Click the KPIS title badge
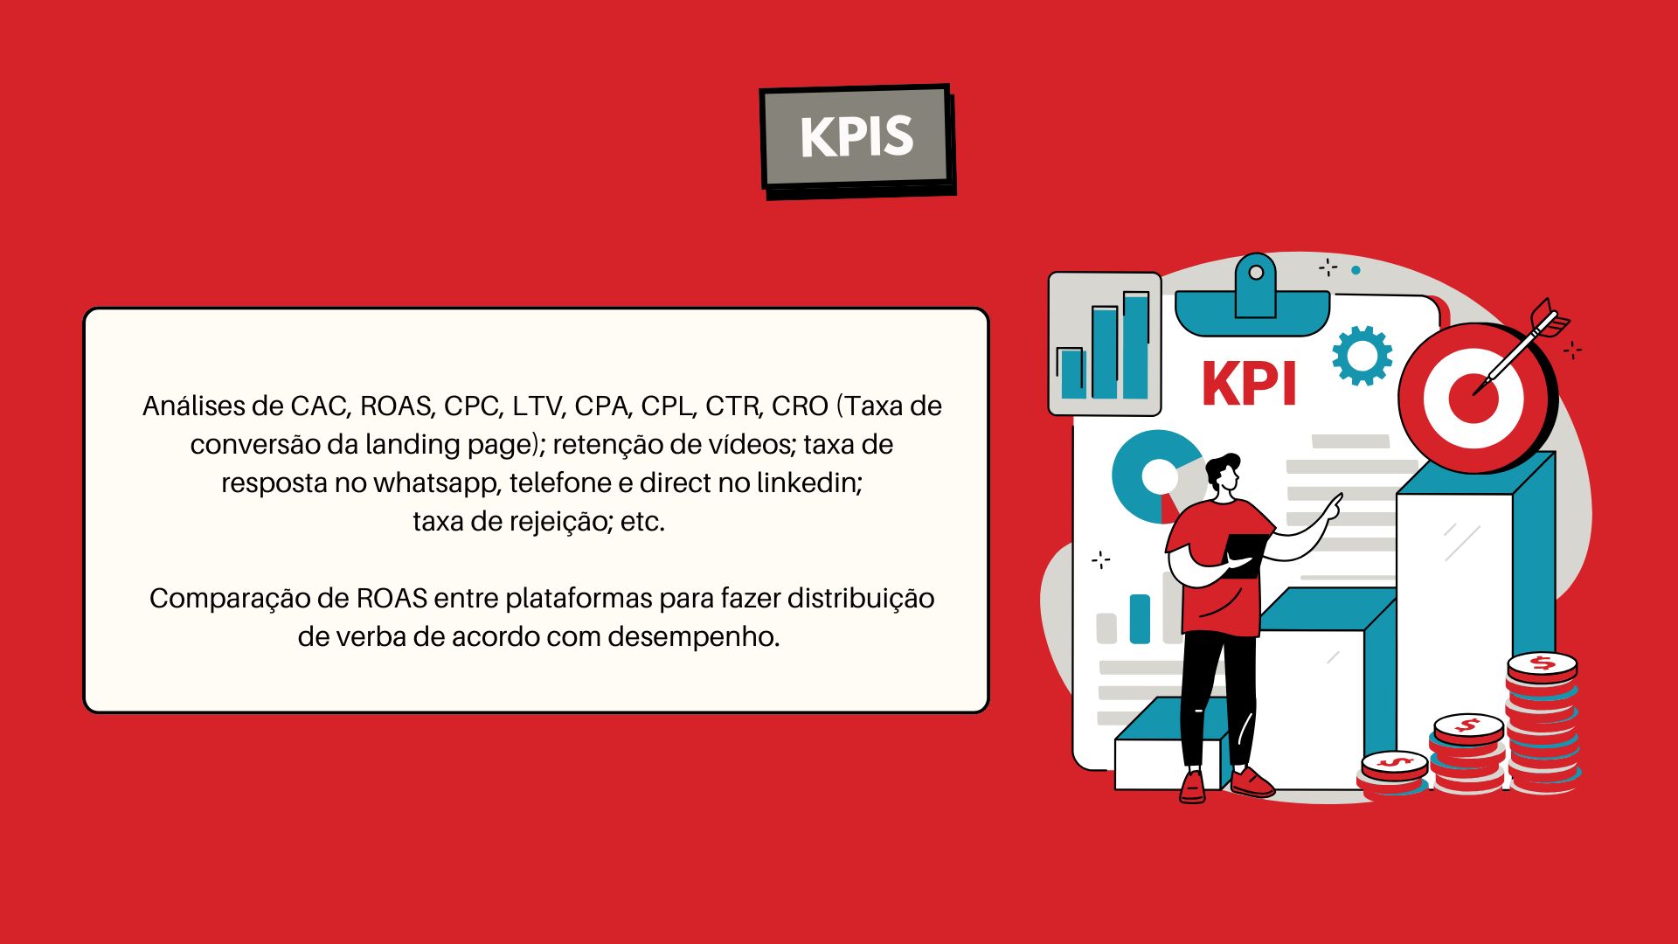pyautogui.click(x=857, y=140)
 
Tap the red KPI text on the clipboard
pyautogui.click(x=1249, y=385)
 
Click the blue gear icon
pyautogui.click(x=1362, y=356)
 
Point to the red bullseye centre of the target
pyautogui.click(x=1473, y=398)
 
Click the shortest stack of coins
pyautogui.click(x=1394, y=774)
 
